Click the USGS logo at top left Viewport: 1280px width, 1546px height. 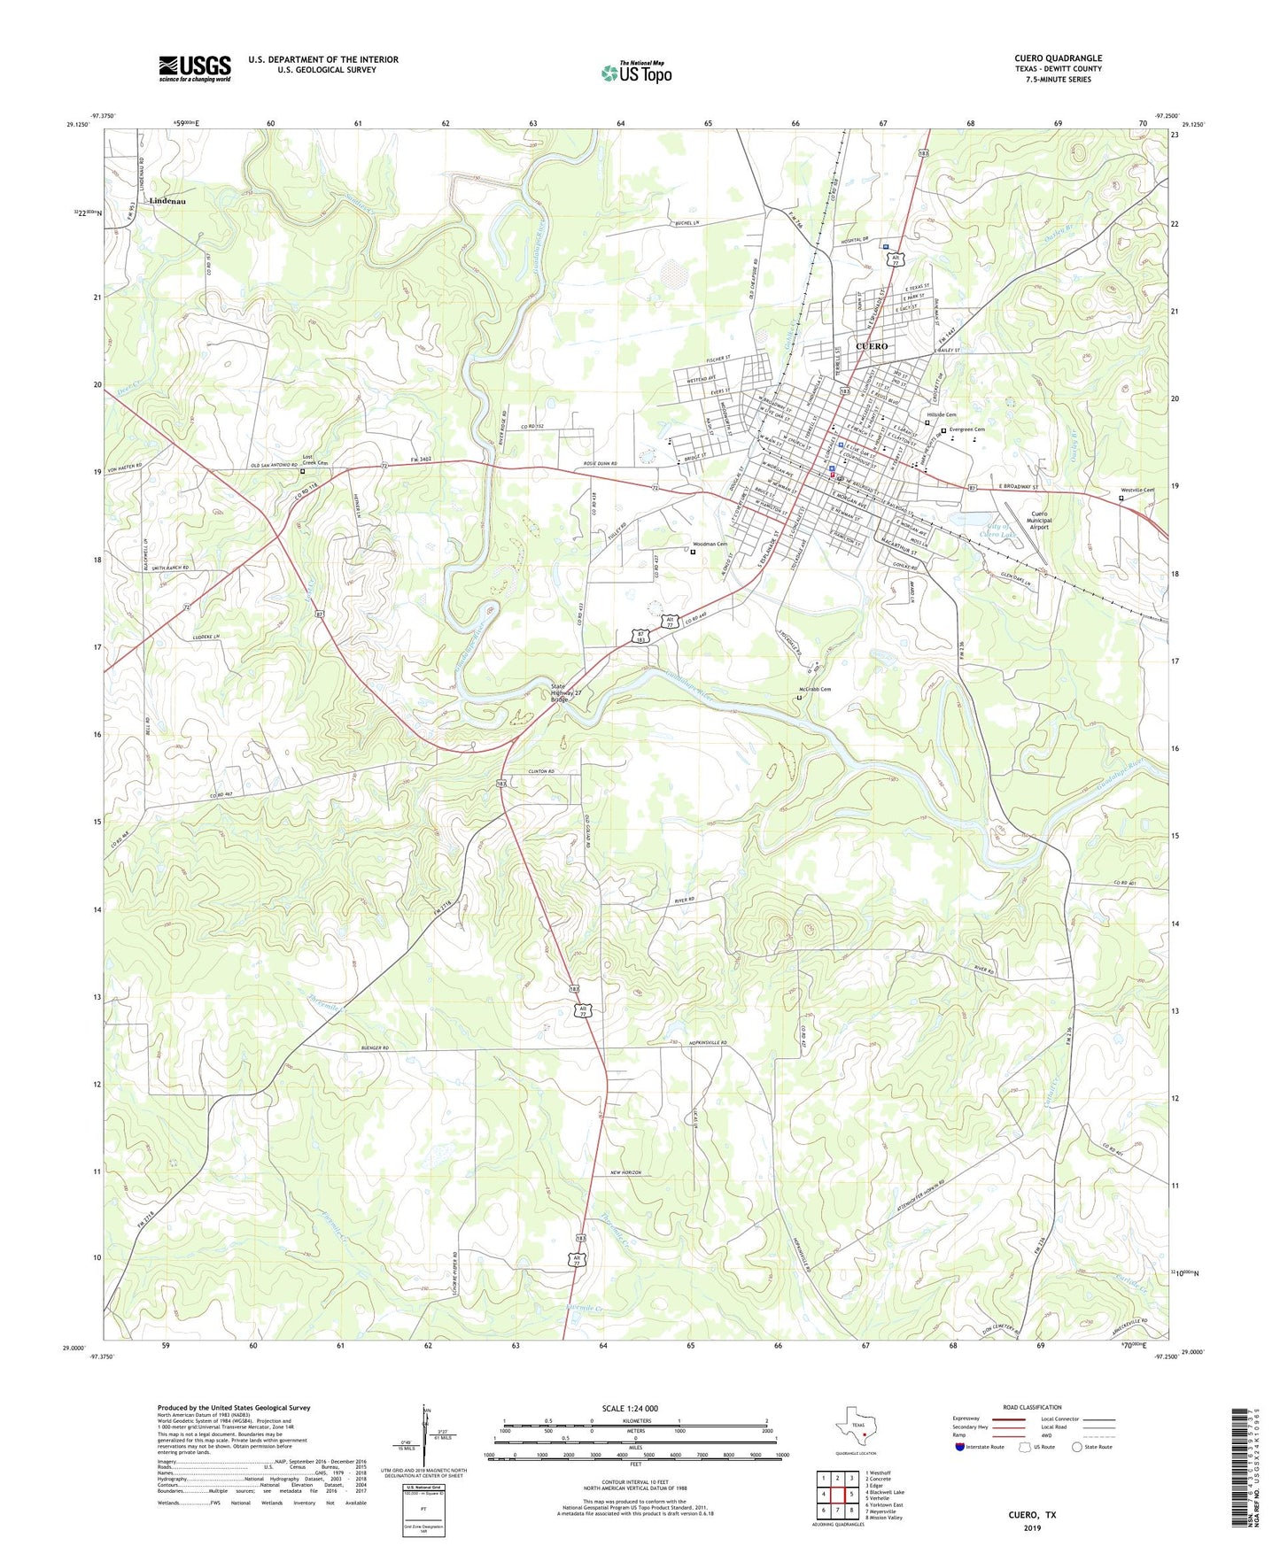(x=195, y=68)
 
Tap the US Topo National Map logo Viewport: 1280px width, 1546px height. (x=636, y=73)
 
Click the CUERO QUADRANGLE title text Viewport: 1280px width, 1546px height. (x=1058, y=58)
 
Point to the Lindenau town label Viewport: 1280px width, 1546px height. (x=167, y=201)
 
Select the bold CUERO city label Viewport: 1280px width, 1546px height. (x=871, y=346)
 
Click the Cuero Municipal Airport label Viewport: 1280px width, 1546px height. (x=1038, y=521)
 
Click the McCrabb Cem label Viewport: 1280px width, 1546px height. (x=814, y=690)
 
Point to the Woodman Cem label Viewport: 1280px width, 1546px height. (x=710, y=545)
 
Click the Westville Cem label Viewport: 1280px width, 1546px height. (x=1136, y=490)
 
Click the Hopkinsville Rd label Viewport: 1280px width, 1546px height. (x=707, y=1043)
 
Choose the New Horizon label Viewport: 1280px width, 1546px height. (x=625, y=1172)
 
